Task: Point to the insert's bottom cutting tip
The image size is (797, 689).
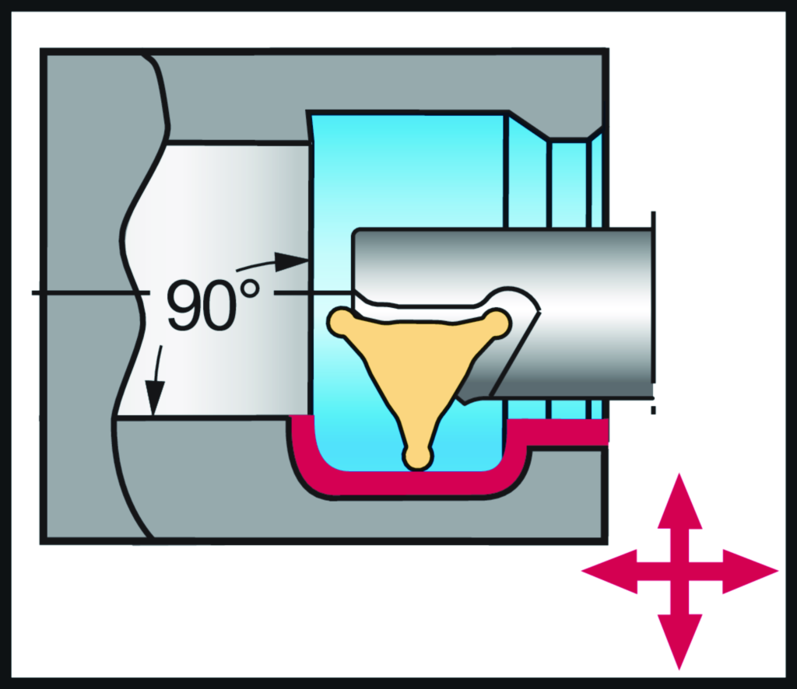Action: pyautogui.click(x=418, y=458)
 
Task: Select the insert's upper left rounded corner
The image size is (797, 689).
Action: pyautogui.click(x=341, y=321)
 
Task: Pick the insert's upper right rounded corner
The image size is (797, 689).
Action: pyautogui.click(x=497, y=321)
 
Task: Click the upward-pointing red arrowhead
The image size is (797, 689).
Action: pyautogui.click(x=680, y=498)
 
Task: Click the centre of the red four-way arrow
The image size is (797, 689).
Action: pyautogui.click(x=680, y=572)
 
